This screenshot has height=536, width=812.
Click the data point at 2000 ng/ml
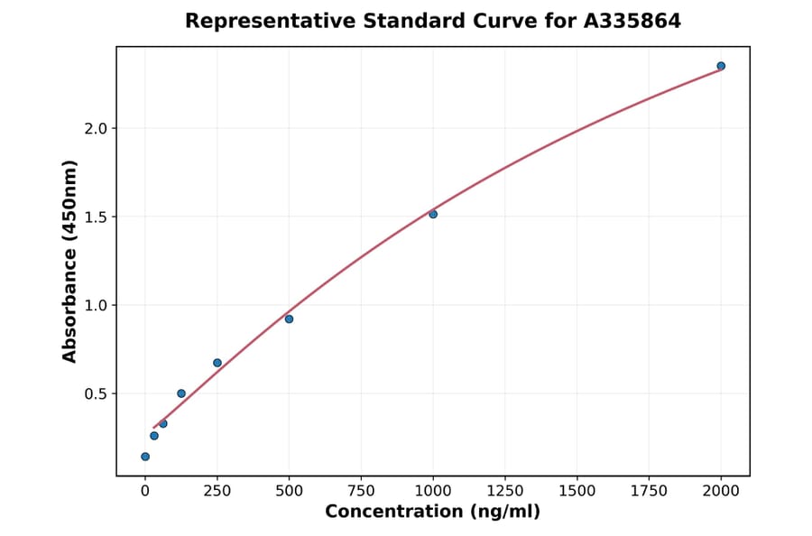(x=721, y=66)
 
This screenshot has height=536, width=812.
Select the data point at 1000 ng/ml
(x=433, y=214)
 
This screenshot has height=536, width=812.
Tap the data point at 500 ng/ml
(x=289, y=319)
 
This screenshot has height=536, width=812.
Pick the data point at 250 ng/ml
(x=217, y=363)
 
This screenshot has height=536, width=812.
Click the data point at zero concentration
(x=145, y=457)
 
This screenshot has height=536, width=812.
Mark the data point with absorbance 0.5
(x=181, y=393)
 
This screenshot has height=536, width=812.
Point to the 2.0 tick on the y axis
(x=95, y=128)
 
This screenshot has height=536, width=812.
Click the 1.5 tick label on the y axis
(x=95, y=217)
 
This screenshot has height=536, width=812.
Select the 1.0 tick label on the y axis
(x=95, y=305)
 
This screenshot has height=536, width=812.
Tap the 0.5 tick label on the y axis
(x=95, y=393)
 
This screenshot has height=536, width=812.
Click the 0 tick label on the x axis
(x=145, y=491)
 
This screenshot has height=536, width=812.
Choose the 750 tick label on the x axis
(x=361, y=491)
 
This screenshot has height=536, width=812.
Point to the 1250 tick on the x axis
(x=505, y=491)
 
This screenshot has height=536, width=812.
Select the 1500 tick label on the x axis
(x=577, y=491)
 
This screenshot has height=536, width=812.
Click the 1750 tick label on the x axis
(x=649, y=491)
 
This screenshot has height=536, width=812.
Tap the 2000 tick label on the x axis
(x=721, y=491)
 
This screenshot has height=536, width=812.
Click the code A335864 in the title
(x=632, y=21)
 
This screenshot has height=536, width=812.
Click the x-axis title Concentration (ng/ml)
(x=432, y=513)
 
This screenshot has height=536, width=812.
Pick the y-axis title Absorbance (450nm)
(x=69, y=261)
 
